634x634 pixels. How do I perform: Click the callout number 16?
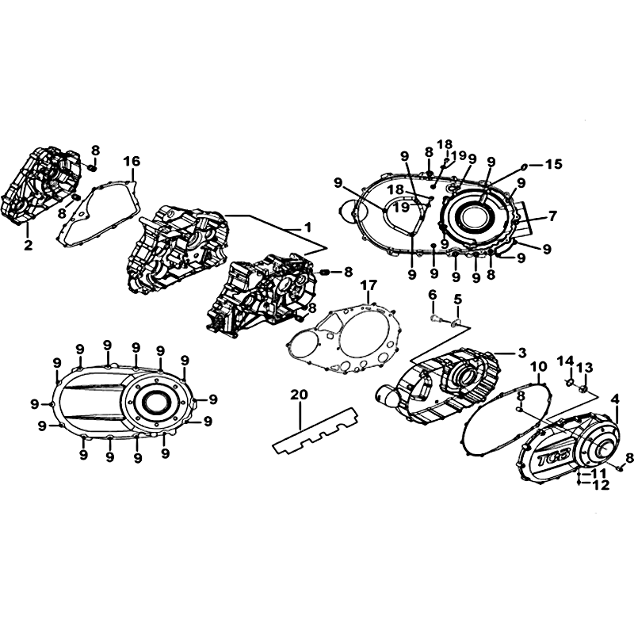[132, 161]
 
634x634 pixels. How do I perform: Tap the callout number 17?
[369, 285]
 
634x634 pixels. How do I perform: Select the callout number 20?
[300, 395]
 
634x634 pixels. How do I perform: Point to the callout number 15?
[553, 164]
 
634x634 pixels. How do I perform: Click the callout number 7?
[552, 216]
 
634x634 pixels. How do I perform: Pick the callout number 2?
[28, 245]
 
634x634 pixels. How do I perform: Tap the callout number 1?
[307, 227]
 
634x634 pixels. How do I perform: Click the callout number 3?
[522, 353]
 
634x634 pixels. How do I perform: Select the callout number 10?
[539, 367]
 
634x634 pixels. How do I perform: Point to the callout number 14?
[566, 361]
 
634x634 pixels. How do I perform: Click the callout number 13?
[585, 368]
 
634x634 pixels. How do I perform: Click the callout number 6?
[433, 295]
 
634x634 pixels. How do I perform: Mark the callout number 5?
[457, 300]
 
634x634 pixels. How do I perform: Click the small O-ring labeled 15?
[523, 166]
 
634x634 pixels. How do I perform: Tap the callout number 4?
[615, 399]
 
